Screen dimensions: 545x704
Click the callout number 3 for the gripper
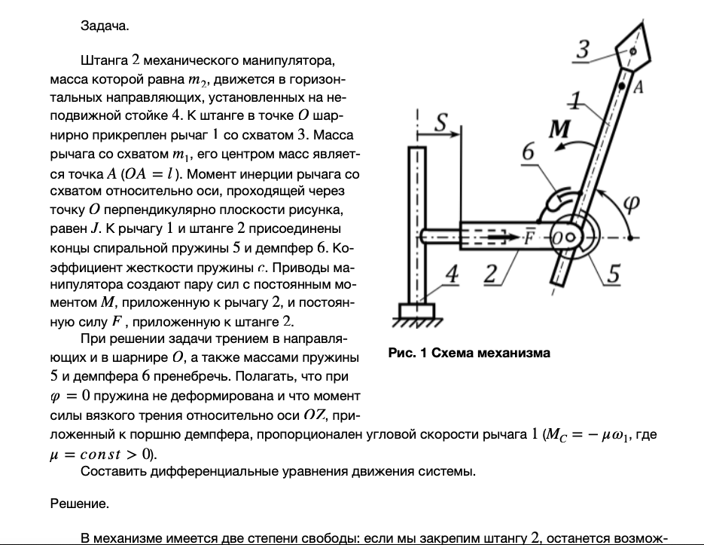582,51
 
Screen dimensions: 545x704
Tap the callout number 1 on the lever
575,98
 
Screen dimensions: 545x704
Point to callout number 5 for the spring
614,275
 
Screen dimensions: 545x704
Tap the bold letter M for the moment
558,130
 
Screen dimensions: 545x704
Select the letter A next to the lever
636,88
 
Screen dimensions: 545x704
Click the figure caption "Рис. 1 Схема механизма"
468,353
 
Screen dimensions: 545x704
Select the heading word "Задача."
105,26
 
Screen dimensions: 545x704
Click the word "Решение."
79,504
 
